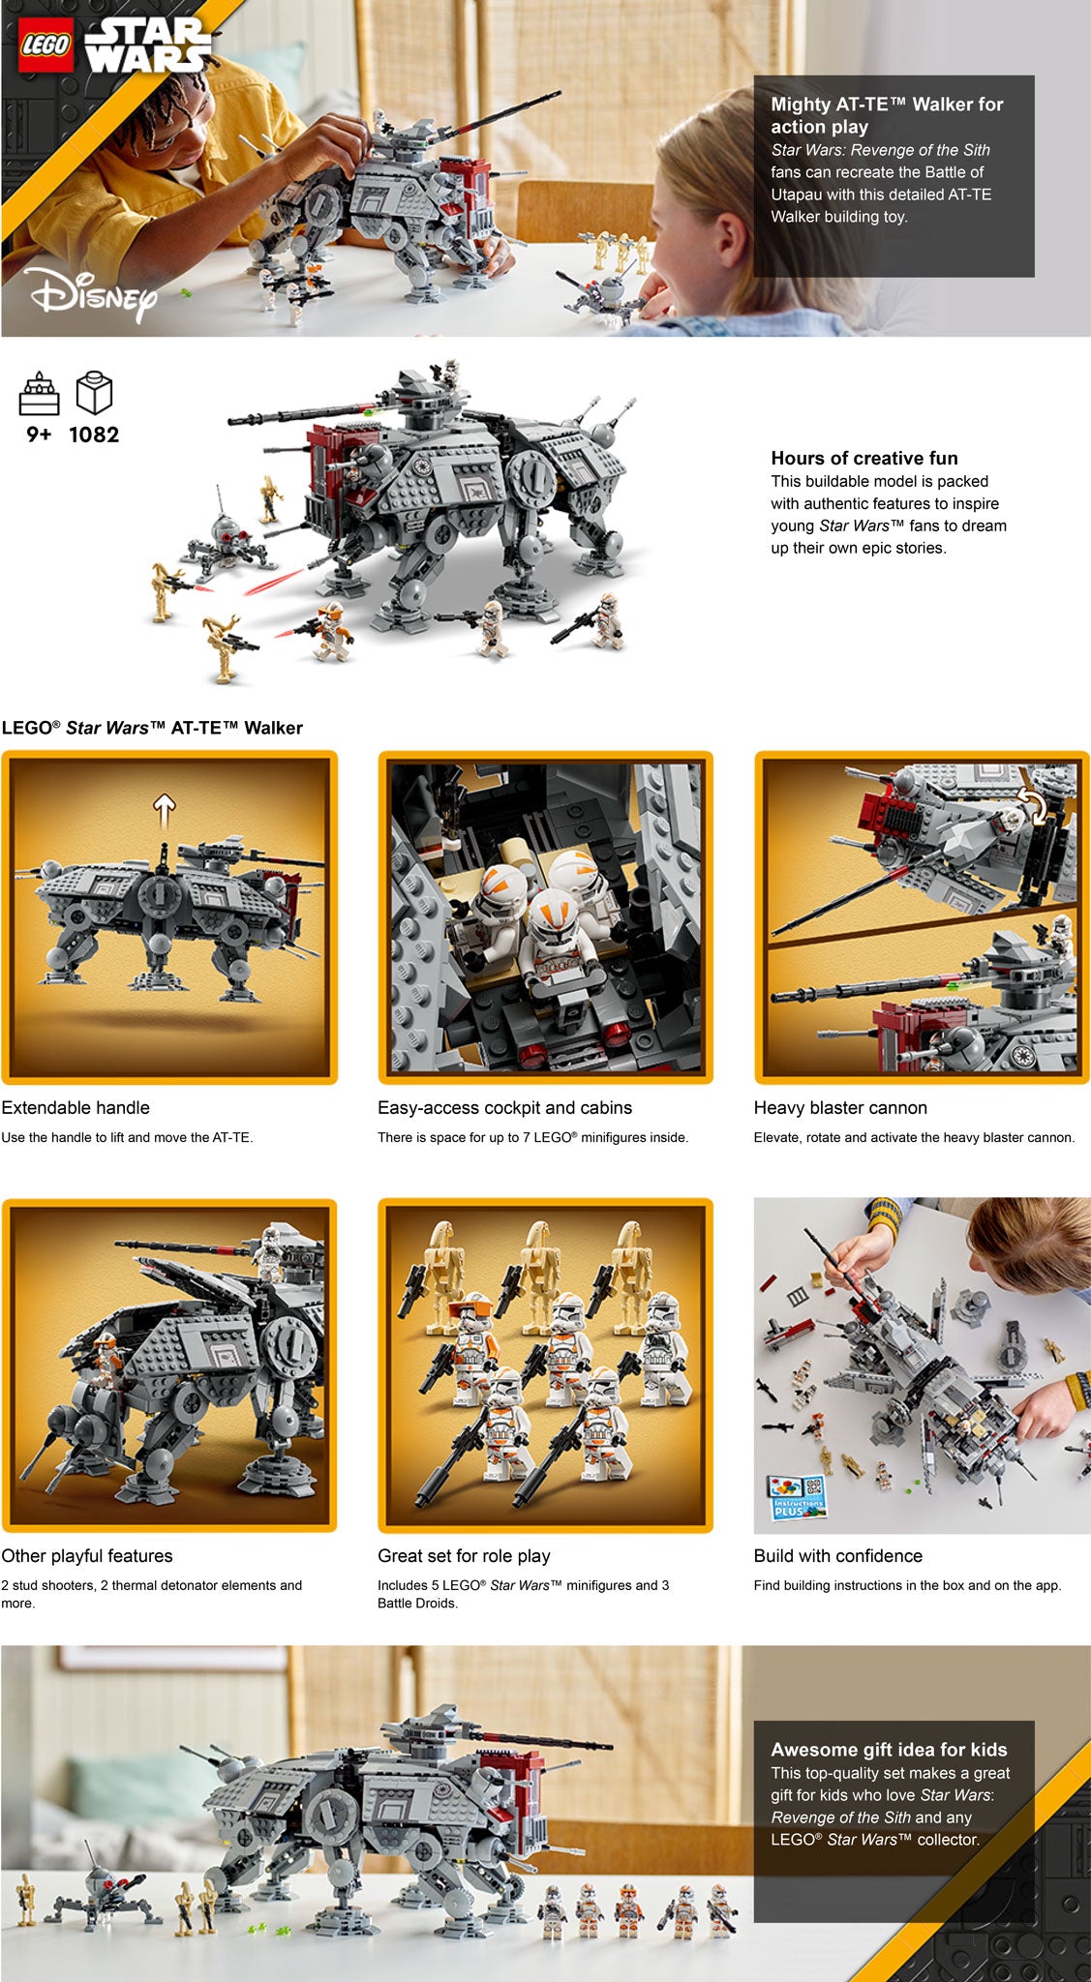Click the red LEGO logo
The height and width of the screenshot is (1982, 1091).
[x=46, y=45]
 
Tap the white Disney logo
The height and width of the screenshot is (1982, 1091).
[x=92, y=294]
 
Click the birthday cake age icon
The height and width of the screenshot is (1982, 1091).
[x=40, y=393]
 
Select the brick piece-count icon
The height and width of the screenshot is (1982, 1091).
[x=94, y=393]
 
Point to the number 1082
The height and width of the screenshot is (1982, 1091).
[x=94, y=435]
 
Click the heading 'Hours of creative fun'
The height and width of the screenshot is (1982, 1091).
[x=864, y=458]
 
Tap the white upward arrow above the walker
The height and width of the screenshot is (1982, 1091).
[x=165, y=811]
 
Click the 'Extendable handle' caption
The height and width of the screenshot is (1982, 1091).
[x=76, y=1107]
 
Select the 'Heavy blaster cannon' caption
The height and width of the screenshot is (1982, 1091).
[x=840, y=1107]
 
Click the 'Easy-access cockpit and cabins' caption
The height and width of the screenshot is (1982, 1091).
[x=504, y=1107]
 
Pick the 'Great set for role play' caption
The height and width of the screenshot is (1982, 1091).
[x=464, y=1555]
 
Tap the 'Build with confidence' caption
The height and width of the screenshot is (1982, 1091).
[x=838, y=1555]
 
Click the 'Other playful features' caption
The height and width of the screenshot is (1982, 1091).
[x=87, y=1555]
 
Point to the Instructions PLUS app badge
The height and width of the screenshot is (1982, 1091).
[x=797, y=1496]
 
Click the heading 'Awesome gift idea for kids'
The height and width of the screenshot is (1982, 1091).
[x=889, y=1749]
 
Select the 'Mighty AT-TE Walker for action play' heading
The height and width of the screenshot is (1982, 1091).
[x=887, y=115]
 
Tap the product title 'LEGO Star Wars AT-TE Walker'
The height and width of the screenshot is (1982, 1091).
[x=152, y=728]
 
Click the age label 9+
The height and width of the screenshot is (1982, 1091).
[x=39, y=435]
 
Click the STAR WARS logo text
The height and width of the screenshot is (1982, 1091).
[x=147, y=45]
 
